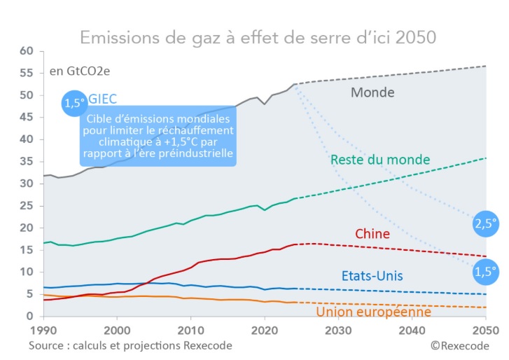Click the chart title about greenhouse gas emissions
click(x=258, y=36)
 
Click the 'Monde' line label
click(x=372, y=92)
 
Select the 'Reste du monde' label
click(x=379, y=160)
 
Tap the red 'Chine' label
click(x=372, y=233)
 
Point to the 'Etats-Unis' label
click(x=371, y=275)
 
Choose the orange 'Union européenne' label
click(x=373, y=312)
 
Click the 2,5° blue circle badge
click(x=485, y=225)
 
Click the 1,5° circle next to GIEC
click(x=75, y=103)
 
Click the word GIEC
click(x=103, y=99)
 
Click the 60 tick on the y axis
click(x=27, y=51)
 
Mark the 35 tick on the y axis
click(x=27, y=162)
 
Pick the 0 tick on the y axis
click(x=31, y=317)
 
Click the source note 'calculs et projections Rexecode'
click(x=130, y=346)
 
